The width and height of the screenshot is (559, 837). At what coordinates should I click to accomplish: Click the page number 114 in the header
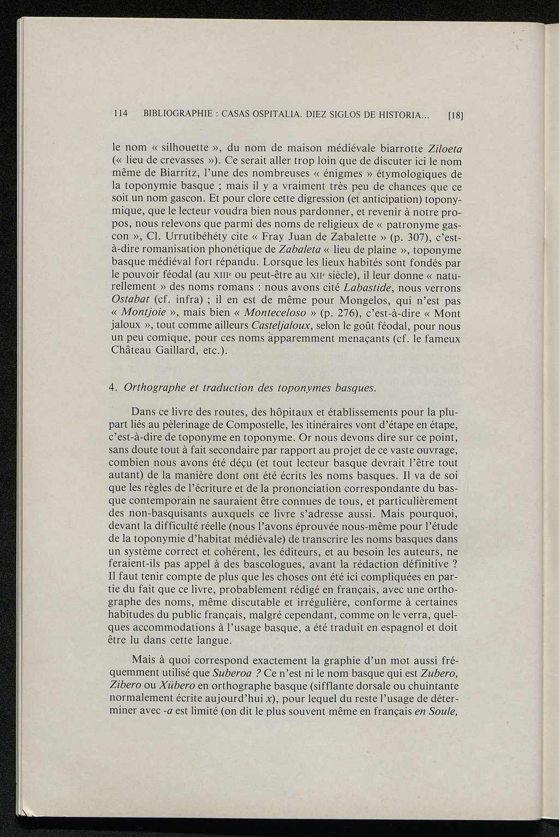120,114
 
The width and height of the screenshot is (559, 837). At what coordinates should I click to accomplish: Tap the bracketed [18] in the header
455,116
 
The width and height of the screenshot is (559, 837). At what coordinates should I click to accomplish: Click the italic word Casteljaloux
281,326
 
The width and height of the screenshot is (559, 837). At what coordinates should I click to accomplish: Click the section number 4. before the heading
114,388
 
